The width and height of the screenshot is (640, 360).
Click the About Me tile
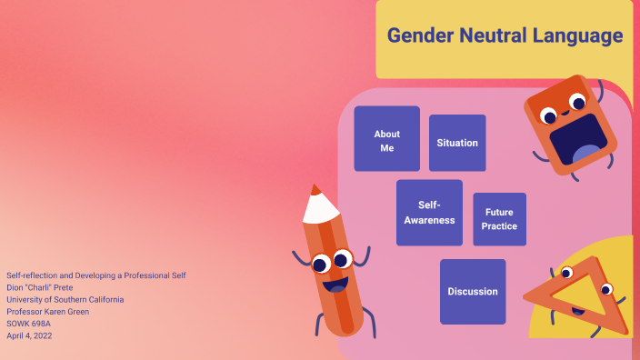tap(386, 139)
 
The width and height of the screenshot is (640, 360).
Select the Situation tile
tap(457, 143)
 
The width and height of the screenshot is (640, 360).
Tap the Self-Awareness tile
tap(429, 213)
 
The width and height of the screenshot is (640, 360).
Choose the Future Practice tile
tap(499, 219)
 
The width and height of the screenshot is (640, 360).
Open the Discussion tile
tap(473, 292)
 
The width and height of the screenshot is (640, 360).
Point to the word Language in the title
tap(580, 36)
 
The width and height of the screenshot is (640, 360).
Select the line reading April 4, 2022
tap(29, 335)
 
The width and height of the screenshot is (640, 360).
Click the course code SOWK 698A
tap(28, 323)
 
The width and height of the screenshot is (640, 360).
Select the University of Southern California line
tap(65, 299)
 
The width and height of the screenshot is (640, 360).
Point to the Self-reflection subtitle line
tap(95, 275)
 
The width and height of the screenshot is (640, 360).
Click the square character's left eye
tap(548, 115)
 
